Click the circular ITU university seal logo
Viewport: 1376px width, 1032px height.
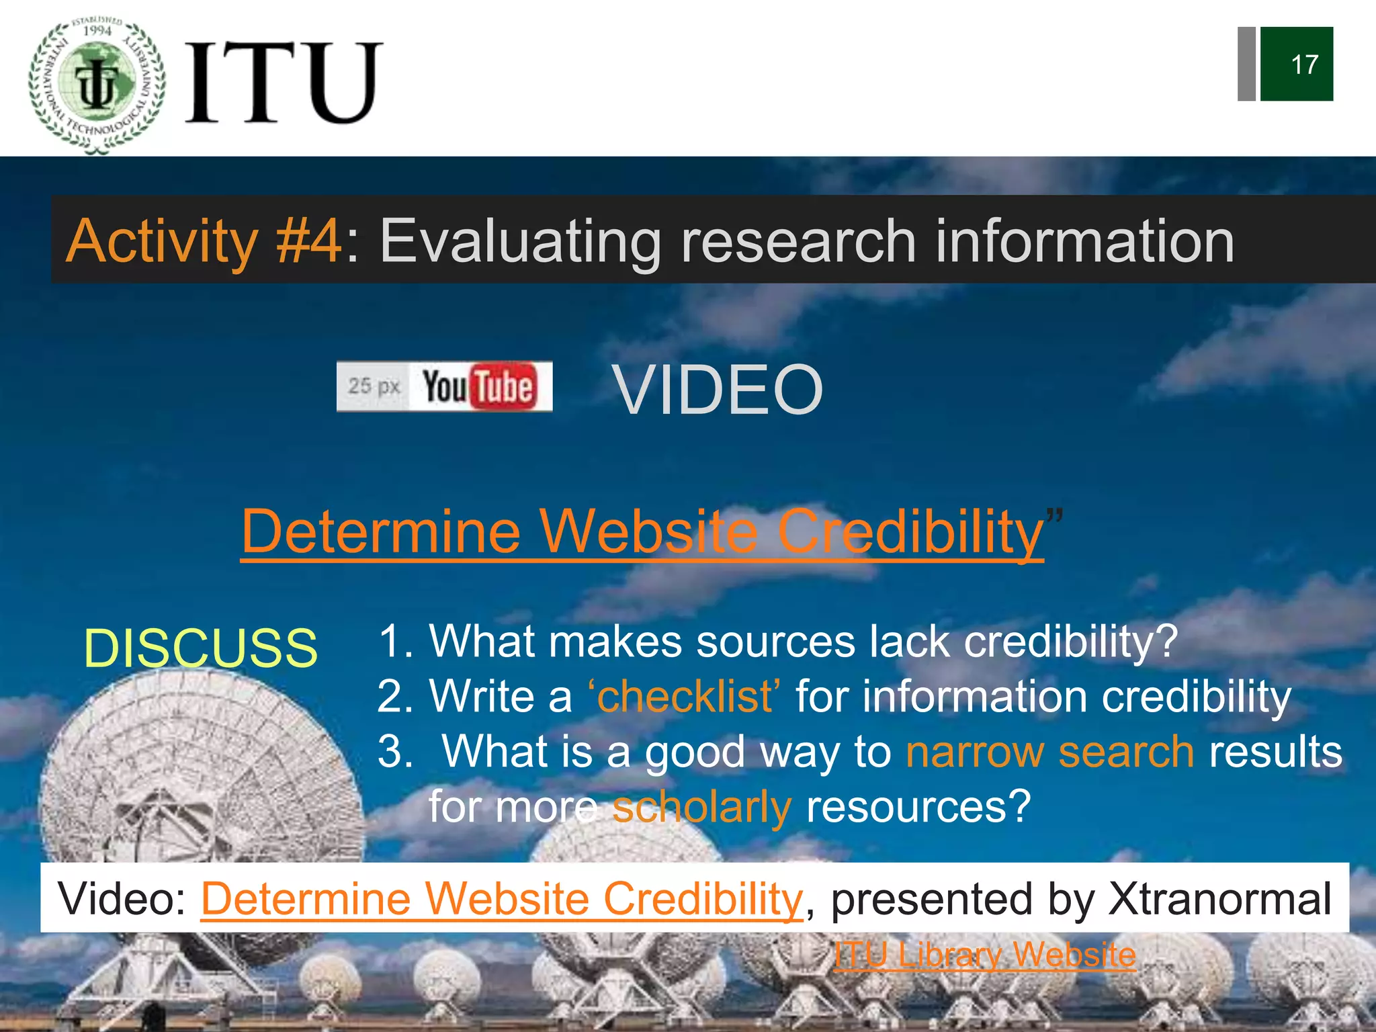(x=97, y=85)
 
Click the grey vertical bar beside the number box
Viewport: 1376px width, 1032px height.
(x=1246, y=64)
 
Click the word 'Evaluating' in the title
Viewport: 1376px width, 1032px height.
(x=521, y=241)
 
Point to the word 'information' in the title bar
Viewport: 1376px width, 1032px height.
(x=1084, y=241)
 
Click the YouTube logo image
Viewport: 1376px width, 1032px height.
(x=445, y=386)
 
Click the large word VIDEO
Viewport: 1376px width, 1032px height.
(x=718, y=390)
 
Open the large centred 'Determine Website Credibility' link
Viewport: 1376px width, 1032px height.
(x=642, y=532)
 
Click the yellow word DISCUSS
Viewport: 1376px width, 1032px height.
(x=200, y=648)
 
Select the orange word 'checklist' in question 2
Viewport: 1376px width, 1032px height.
(x=684, y=697)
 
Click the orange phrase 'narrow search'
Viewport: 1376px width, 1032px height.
(x=1049, y=752)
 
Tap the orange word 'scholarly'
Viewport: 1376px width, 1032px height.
(x=701, y=807)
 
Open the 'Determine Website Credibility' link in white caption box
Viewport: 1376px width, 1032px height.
(x=501, y=899)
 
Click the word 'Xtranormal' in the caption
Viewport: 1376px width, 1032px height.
(x=1219, y=899)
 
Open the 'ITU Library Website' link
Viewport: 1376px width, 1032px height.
(x=984, y=955)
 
